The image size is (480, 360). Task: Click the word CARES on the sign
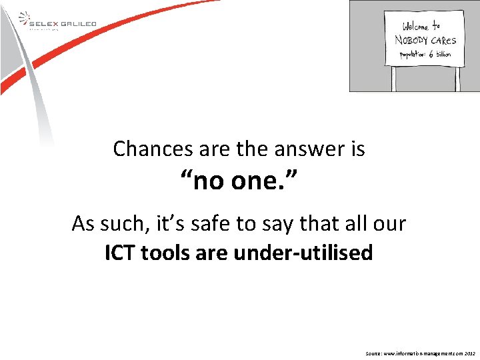pos(443,41)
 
